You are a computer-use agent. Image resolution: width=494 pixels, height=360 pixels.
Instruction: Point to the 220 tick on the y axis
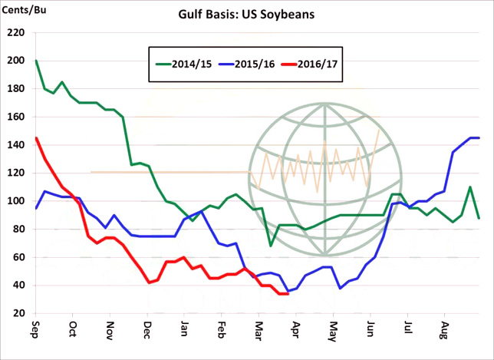point(15,34)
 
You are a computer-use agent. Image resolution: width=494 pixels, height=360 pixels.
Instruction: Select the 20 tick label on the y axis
point(18,314)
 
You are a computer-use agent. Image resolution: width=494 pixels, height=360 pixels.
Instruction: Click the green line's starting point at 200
point(36,61)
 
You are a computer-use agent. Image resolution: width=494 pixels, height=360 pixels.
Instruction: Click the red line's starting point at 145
point(36,138)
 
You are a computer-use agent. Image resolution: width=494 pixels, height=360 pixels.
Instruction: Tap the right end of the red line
point(287,294)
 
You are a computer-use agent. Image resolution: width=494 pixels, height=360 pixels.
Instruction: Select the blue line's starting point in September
point(36,208)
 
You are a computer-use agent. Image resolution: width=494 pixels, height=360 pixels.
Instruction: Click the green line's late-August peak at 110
point(470,187)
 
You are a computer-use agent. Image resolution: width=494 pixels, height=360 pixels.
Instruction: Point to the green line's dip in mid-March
point(271,246)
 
